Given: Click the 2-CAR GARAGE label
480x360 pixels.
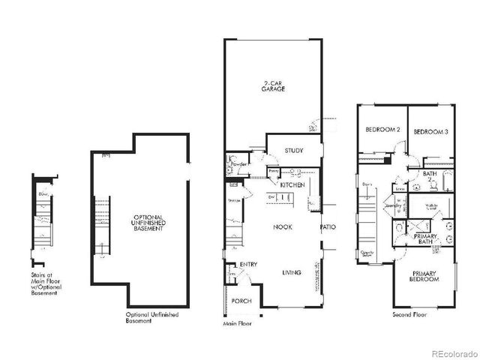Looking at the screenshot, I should tap(273, 85).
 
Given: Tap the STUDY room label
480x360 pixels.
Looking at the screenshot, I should tap(294, 151).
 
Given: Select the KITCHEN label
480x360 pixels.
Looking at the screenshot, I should tap(292, 184).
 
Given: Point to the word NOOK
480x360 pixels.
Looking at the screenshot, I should tap(282, 226).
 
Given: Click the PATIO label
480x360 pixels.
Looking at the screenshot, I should tap(328, 226).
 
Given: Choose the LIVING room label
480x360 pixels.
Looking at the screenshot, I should tap(292, 272).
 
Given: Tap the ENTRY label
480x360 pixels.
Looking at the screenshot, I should tap(249, 265).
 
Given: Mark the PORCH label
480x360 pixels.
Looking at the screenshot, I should tap(241, 301).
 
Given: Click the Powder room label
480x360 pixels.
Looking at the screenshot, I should tap(239, 163).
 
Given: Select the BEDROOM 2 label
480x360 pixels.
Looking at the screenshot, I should tap(382, 130).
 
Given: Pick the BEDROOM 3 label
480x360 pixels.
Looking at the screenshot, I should tap(431, 130).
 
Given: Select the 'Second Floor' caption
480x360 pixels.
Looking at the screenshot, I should tap(410, 314).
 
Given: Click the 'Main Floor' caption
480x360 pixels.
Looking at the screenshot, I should tap(237, 324).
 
